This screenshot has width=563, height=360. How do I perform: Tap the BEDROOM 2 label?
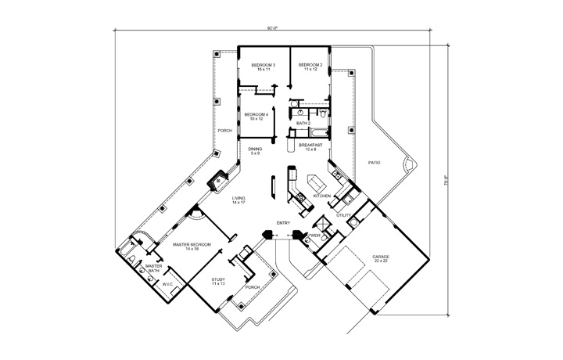click(310, 64)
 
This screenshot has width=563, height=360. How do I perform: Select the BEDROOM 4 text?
click(256, 115)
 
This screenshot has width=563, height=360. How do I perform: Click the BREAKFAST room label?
click(310, 145)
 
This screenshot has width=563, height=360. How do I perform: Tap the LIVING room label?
click(238, 200)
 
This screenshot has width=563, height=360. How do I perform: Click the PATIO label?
click(375, 162)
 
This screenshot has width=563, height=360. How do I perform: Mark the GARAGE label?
click(382, 257)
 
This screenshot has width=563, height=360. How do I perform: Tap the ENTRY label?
click(283, 223)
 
